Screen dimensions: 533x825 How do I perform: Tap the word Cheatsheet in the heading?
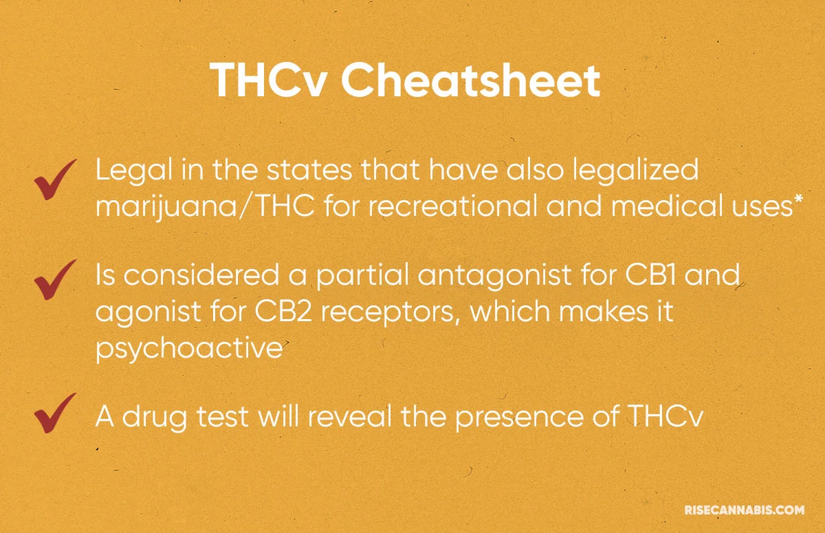click(x=471, y=81)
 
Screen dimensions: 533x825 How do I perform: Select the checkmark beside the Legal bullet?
click(x=55, y=180)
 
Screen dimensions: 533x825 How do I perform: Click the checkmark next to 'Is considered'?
click(x=55, y=281)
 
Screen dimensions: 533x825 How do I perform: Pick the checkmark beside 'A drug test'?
click(x=55, y=411)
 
